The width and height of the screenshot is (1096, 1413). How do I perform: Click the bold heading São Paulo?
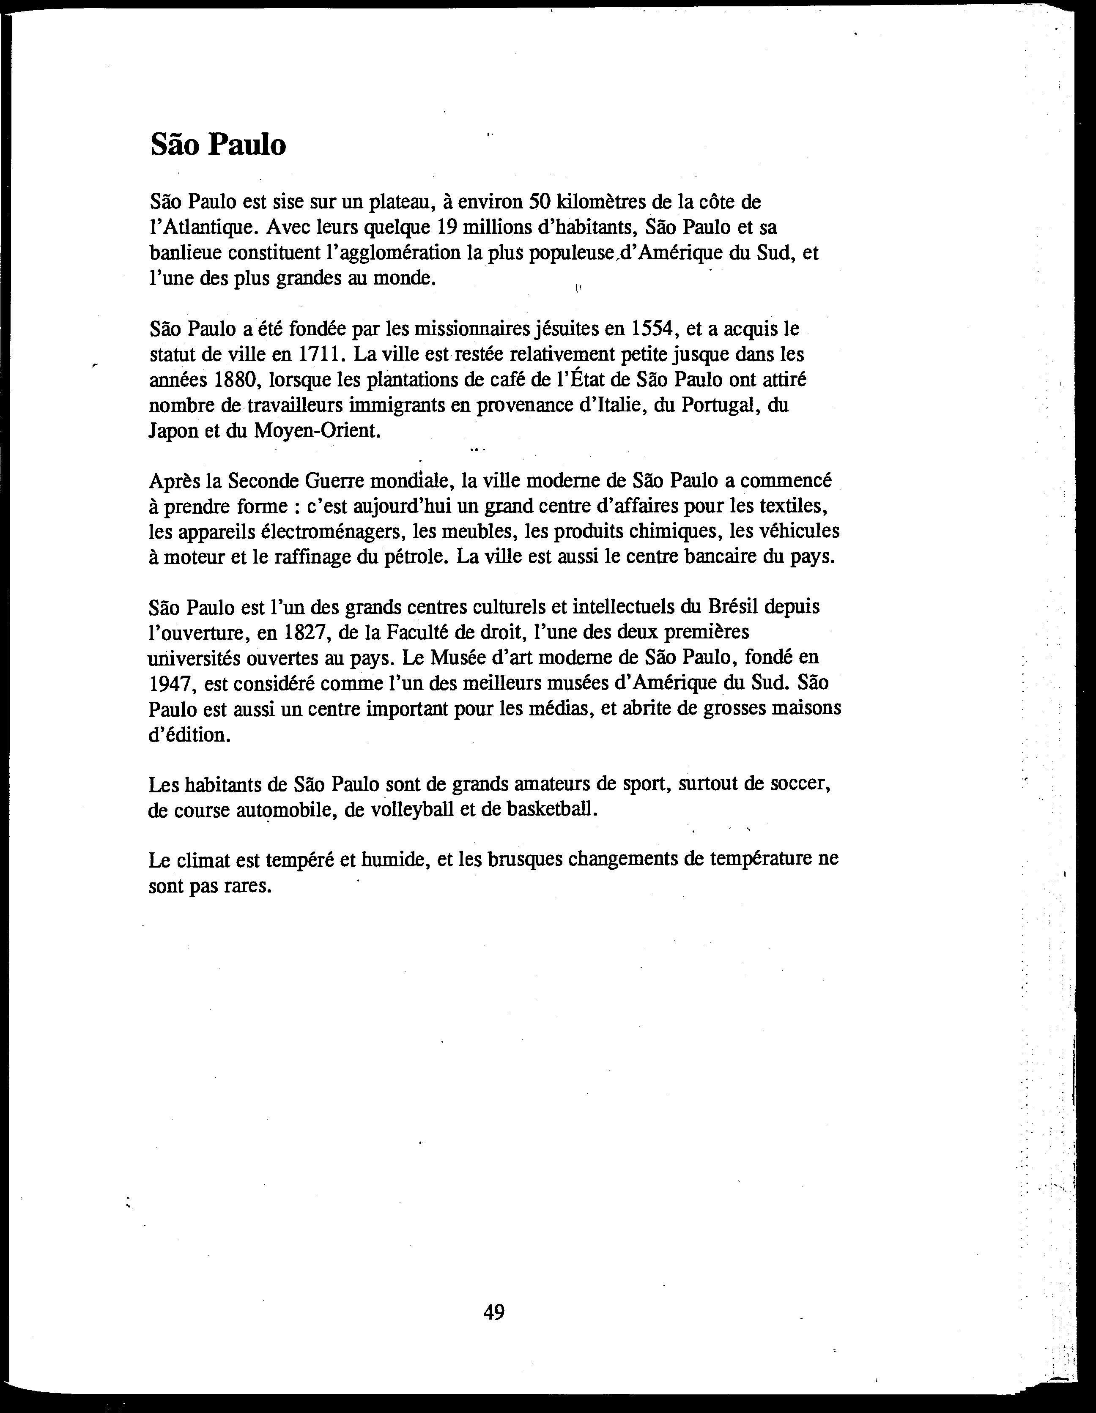click(x=218, y=145)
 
